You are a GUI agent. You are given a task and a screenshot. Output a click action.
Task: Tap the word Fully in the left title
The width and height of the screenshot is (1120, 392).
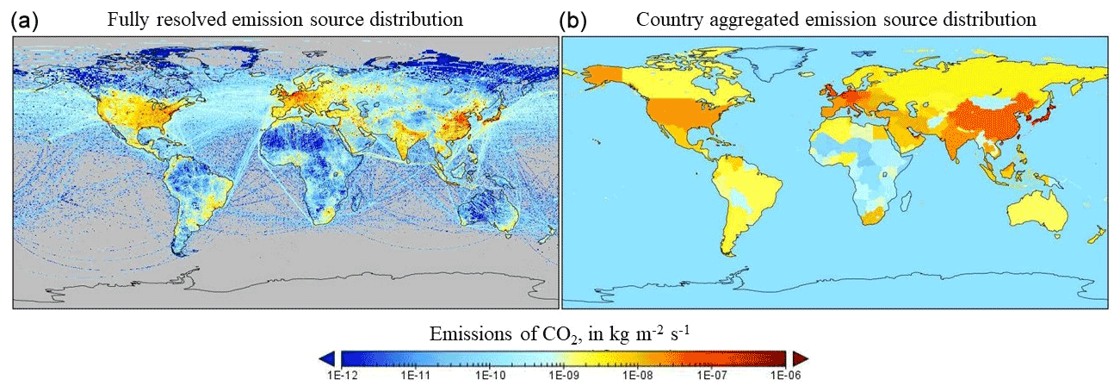[127, 20]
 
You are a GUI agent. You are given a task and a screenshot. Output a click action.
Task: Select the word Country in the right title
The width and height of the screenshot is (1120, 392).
[664, 20]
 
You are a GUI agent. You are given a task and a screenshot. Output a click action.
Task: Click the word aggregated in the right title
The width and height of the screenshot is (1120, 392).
[745, 20]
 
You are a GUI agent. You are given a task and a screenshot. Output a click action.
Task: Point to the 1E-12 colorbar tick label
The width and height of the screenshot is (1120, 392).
[341, 376]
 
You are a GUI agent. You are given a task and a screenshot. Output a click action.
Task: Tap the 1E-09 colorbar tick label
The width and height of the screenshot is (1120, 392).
[563, 376]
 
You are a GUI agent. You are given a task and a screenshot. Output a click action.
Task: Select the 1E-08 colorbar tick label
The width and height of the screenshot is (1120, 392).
[637, 376]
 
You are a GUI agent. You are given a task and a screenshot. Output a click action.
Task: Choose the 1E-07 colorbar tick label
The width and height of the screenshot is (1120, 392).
[711, 376]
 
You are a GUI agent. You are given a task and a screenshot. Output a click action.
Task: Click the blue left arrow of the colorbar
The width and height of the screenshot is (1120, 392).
[327, 358]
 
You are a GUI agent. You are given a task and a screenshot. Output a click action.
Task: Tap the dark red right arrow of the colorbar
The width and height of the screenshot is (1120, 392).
[800, 358]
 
